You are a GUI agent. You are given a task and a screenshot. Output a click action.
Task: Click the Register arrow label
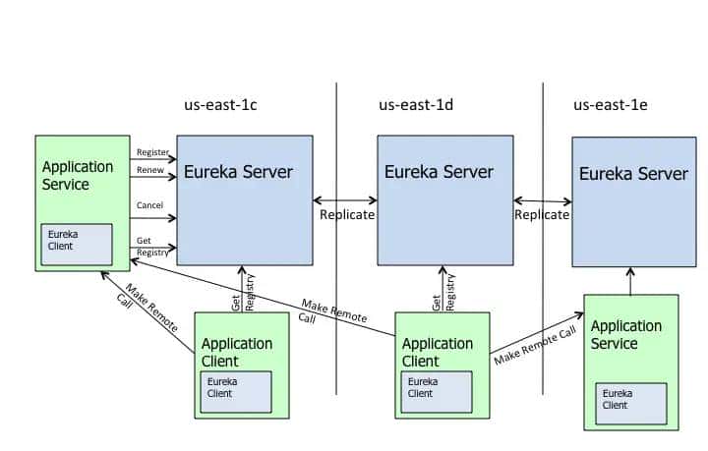[x=152, y=153]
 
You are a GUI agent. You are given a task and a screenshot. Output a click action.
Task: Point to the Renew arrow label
[x=149, y=171]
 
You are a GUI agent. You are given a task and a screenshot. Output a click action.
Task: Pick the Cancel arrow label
[x=150, y=205]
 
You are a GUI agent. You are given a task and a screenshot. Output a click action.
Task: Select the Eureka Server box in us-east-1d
[x=444, y=199]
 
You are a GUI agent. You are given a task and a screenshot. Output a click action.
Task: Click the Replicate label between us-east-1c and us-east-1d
[x=346, y=214]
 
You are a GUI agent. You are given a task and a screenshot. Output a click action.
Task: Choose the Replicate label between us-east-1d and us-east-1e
[x=542, y=214]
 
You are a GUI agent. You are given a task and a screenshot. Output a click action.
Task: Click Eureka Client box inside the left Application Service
[x=76, y=245]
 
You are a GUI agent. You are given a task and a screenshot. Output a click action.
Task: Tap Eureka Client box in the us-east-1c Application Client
[x=236, y=391]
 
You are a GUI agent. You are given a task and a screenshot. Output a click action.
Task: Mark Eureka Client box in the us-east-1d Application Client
[x=436, y=391]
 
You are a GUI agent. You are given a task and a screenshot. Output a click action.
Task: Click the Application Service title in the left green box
[x=79, y=176]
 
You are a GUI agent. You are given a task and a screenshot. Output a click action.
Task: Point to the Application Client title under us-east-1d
[x=438, y=352]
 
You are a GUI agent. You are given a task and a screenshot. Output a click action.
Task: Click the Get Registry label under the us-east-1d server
[x=443, y=291]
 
